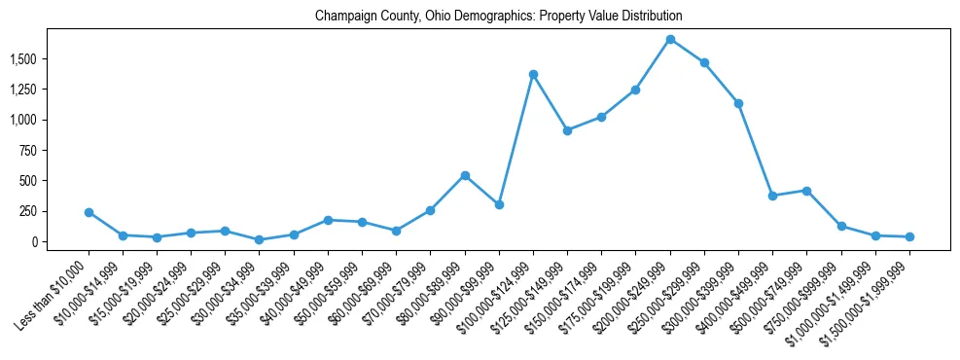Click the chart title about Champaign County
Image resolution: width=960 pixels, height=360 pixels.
pos(498,17)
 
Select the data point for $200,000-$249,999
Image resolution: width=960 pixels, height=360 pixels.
pos(670,39)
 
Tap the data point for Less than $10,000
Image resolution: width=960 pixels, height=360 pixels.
pos(89,212)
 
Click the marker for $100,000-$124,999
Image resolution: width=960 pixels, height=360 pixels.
pos(533,74)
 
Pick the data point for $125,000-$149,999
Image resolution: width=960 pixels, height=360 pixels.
pos(567,130)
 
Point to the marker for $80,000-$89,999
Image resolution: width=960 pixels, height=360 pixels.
pos(465,175)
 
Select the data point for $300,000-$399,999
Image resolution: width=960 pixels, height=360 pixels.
pos(738,103)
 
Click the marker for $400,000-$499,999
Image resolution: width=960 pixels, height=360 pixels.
pos(772,196)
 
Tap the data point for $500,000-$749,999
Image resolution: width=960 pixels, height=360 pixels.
pos(806,191)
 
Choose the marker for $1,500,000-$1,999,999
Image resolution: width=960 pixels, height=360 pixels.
pos(909,236)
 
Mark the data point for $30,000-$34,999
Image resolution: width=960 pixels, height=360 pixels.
pos(260,239)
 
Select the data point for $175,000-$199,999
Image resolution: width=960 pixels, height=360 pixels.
pos(635,90)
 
